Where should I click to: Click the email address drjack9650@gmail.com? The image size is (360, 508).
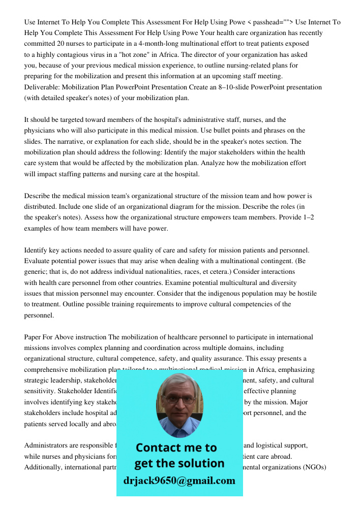(x=179, y=481)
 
